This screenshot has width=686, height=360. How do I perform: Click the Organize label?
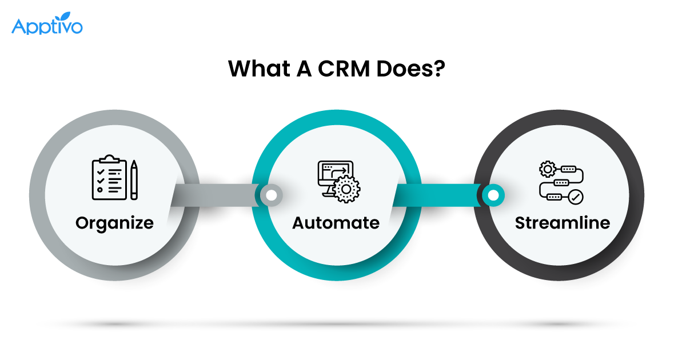114,222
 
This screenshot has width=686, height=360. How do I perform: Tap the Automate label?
336,222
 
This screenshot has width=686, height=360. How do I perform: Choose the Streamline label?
563,222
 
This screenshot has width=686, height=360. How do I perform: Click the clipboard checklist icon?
109,179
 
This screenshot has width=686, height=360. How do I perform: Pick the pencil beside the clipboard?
134,180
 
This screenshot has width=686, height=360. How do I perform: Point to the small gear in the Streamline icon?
547,169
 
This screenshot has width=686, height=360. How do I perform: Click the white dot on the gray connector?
272,195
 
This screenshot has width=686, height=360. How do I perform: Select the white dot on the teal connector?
493,195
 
